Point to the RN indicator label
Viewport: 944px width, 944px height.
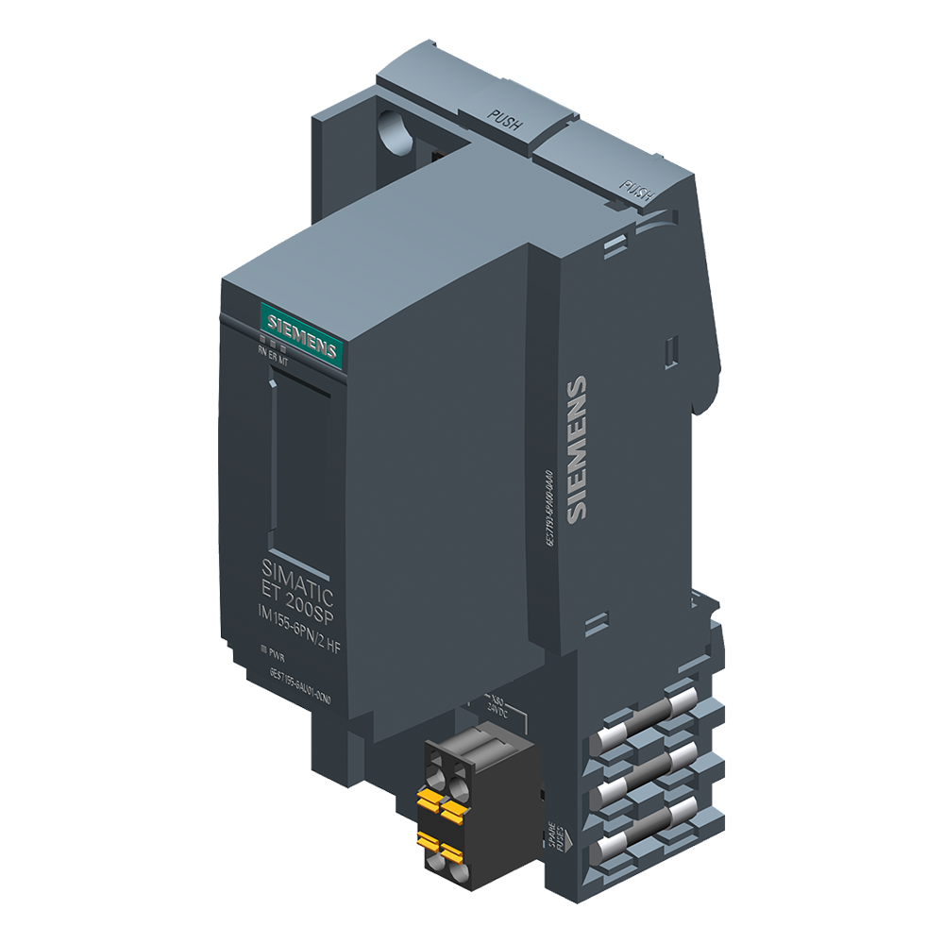263,351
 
